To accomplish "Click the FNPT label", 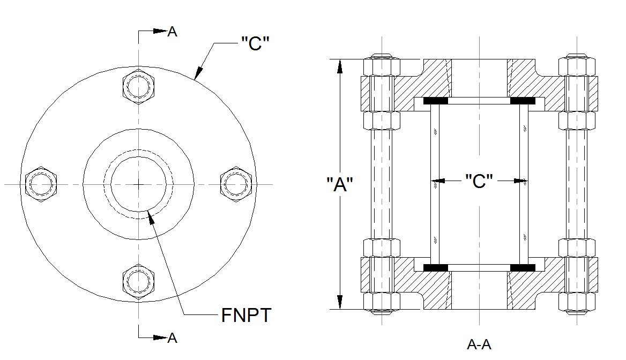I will [247, 315].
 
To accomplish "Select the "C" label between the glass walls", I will [479, 181].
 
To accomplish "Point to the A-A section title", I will [479, 344].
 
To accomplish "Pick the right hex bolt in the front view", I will [236, 184].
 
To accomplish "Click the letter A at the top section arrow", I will [172, 32].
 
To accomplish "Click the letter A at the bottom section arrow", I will [172, 337].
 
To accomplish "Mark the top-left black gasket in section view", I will [436, 101].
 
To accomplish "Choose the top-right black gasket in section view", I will [522, 101].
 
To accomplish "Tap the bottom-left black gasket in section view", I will [436, 267].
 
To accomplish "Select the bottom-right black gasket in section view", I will [522, 267].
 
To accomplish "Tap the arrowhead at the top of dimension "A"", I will [339, 65].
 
